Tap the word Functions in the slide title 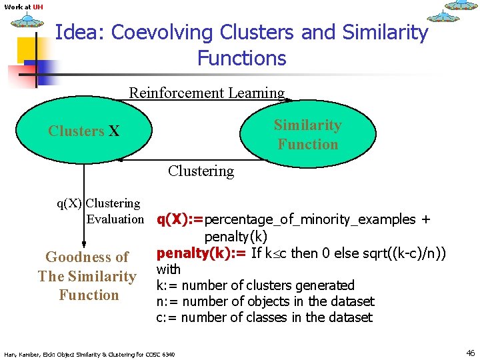(241, 58)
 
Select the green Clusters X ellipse (84, 131)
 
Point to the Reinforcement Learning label (207, 93)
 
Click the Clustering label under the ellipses (201, 171)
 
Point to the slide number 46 (470, 353)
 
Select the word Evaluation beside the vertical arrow (115, 219)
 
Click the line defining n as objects (265, 301)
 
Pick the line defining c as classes (264, 317)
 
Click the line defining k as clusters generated (255, 285)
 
